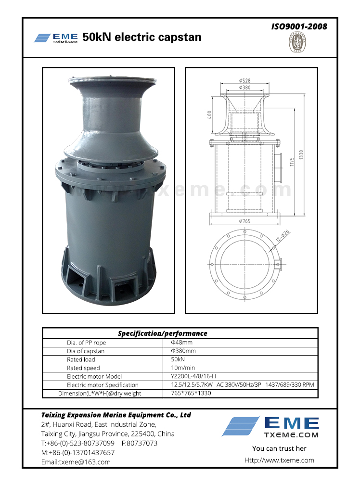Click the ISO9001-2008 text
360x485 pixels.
[x=299, y=26]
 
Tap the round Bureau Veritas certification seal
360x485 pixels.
[x=297, y=42]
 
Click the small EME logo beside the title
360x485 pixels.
[x=56, y=38]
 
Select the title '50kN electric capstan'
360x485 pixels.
[x=142, y=37]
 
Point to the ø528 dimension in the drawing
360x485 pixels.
[x=244, y=81]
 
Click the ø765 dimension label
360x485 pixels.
[x=244, y=221]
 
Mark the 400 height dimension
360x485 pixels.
[x=210, y=115]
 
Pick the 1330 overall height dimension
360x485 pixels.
[x=301, y=154]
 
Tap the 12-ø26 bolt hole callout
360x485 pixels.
[x=283, y=236]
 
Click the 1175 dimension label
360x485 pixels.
[x=292, y=162]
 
